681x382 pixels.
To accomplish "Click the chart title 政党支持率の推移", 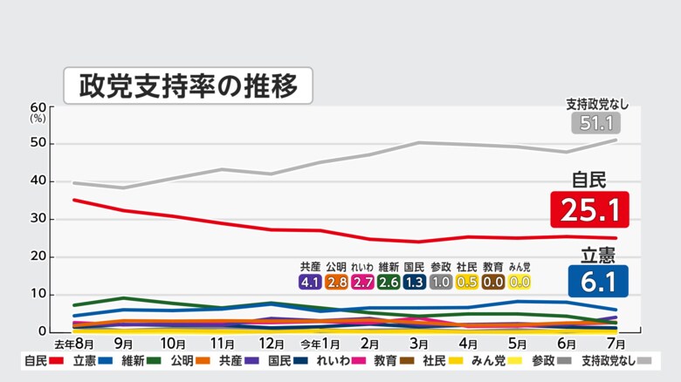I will coord(188,85).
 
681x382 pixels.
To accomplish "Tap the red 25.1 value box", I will coord(589,209).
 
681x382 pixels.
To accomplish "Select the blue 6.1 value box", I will coord(598,282).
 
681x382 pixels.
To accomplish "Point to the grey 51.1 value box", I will coord(596,123).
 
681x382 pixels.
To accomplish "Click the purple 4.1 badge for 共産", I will coord(310,282).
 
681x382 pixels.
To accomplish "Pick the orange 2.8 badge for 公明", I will coord(336,282).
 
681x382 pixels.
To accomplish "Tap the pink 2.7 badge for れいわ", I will coord(362,282).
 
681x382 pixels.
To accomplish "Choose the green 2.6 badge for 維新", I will coord(389,282).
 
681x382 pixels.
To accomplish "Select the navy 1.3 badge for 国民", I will coord(415,282).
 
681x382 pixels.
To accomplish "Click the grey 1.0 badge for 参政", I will coord(441,282).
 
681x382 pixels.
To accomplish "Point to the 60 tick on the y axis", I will coord(38,106).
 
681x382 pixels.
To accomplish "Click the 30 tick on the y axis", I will coord(38,219).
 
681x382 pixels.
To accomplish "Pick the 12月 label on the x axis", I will coord(272,343).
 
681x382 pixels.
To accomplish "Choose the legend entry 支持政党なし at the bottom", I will coord(609,361).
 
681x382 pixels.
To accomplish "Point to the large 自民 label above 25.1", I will coord(589,181).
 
